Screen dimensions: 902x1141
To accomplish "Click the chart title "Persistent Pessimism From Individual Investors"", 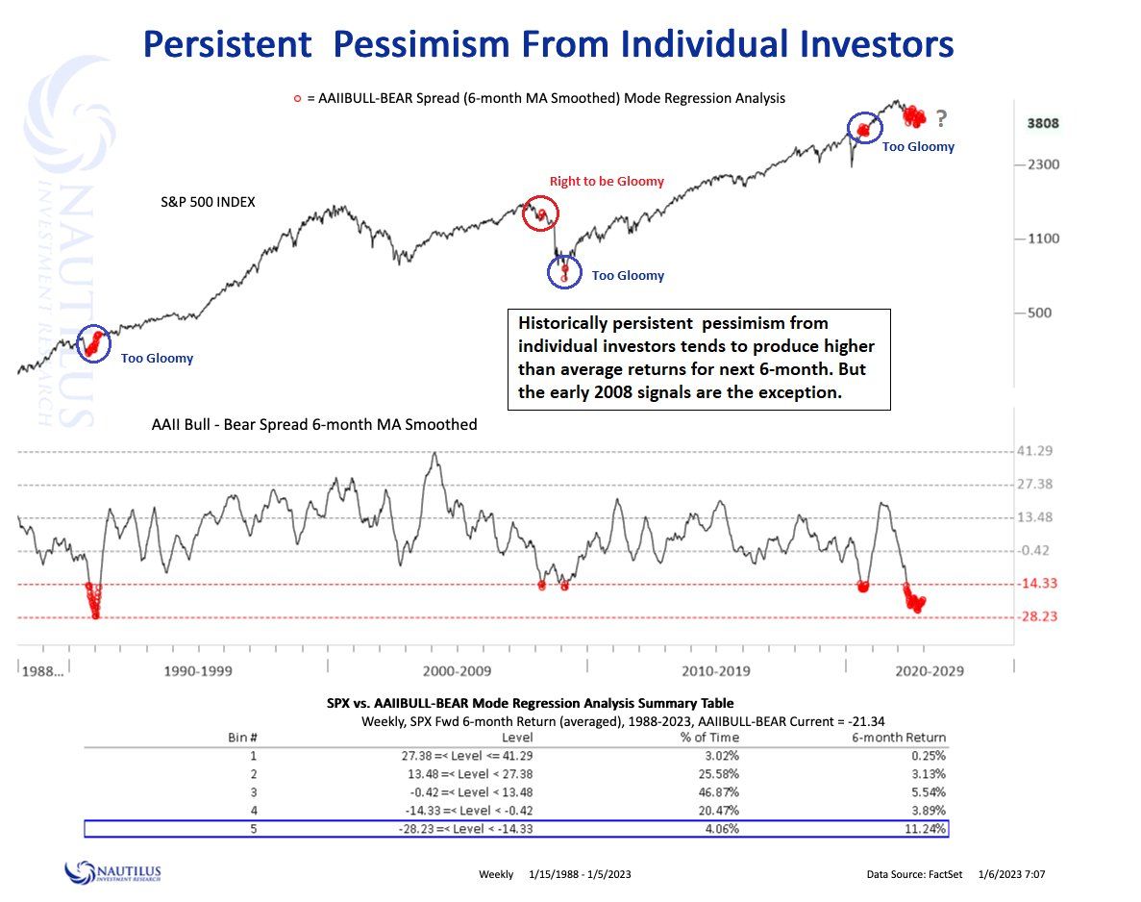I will [x=548, y=44].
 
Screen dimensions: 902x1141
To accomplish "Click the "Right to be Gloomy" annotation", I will [x=607, y=182].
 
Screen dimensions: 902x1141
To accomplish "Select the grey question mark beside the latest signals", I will [x=941, y=118].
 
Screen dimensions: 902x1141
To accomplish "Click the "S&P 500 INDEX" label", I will [x=208, y=203].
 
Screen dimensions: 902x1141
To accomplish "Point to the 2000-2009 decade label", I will [x=458, y=670].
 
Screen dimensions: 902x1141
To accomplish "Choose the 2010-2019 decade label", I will [x=717, y=670].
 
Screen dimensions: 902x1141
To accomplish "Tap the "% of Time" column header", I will [x=709, y=738].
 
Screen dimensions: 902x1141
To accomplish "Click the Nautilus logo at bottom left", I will [x=112, y=872].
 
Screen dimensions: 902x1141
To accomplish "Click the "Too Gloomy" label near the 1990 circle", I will [x=157, y=359].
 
